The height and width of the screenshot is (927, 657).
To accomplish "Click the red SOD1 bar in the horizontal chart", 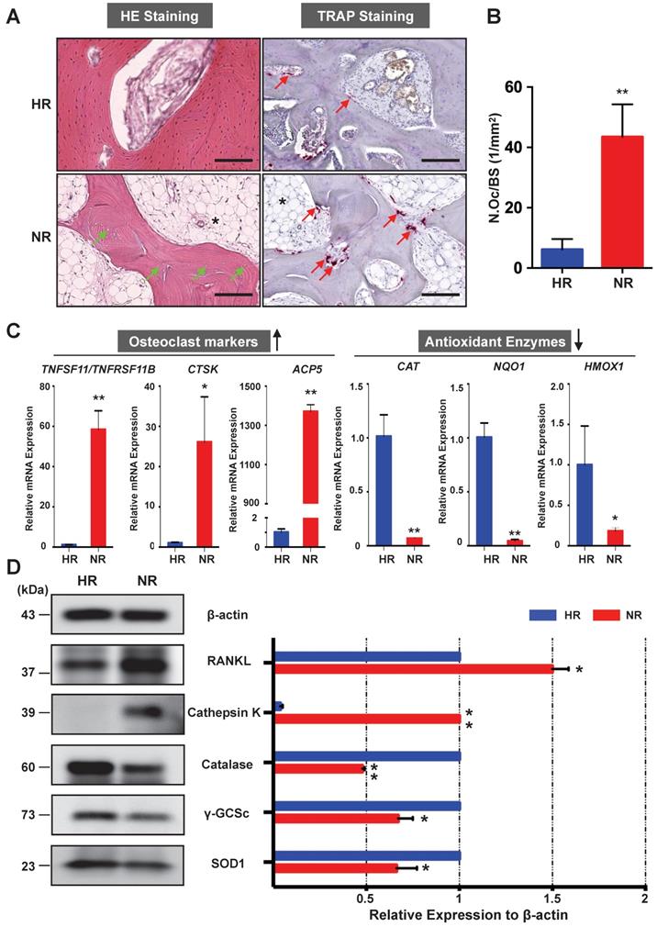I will (x=336, y=866).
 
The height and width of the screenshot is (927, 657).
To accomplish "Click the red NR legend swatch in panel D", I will (x=605, y=619).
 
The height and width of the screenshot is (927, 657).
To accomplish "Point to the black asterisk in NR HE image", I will (x=215, y=220).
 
